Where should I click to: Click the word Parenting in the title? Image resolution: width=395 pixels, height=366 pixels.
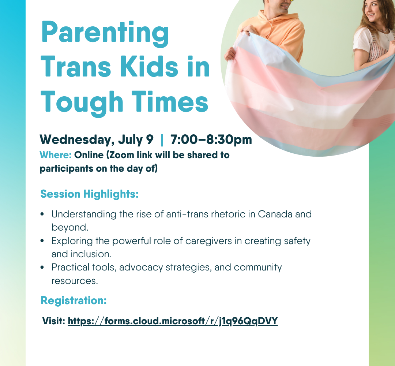coord(105,34)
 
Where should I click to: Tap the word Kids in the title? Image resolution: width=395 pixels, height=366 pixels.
coord(149,66)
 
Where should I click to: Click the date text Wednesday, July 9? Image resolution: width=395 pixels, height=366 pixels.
coord(97,140)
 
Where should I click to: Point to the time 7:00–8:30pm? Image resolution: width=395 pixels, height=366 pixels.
coord(211,140)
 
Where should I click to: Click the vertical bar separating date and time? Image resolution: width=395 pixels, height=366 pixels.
coord(162,140)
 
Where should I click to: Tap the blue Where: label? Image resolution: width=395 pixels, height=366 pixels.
coord(56,155)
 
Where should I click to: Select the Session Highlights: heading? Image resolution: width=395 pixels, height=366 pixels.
coord(90,194)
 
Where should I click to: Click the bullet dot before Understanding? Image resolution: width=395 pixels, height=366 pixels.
coord(42,214)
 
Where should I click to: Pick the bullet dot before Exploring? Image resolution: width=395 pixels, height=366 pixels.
coord(42,241)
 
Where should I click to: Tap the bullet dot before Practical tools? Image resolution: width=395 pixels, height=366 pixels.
coord(42,267)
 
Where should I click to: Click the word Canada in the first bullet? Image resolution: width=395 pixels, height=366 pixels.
coord(275,214)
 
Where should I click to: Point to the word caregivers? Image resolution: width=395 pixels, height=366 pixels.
coord(208,241)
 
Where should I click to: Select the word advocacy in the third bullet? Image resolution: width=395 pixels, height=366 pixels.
coord(141,268)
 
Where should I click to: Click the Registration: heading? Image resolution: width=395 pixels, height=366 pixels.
coord(74,300)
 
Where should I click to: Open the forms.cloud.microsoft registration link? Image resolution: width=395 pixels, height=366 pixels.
coord(173,321)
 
